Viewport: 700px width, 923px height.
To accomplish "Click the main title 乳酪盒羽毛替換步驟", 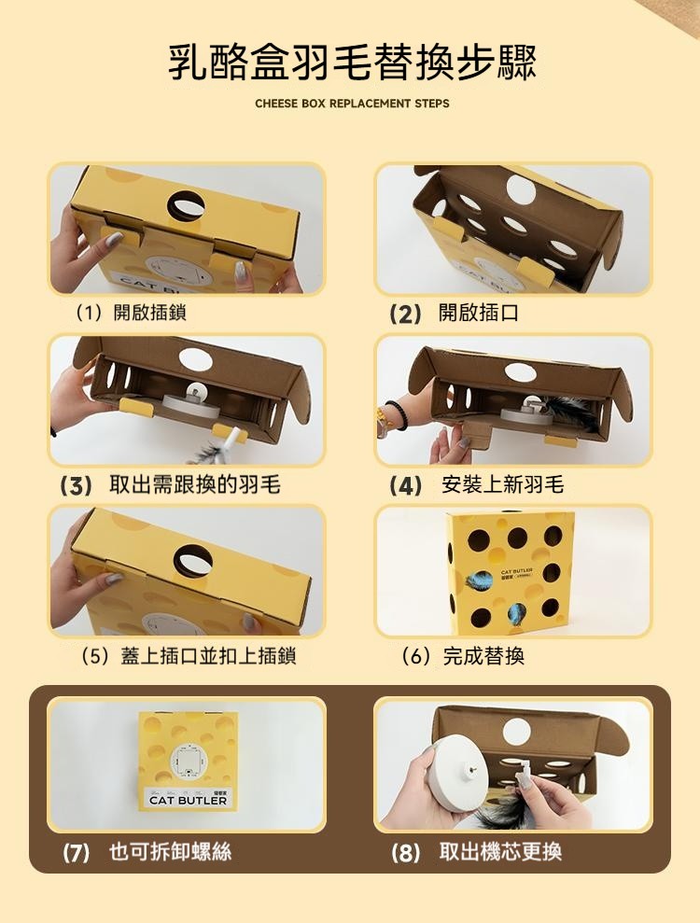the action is point(352,62).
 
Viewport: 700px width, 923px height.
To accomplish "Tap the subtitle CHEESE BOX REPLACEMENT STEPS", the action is point(352,104).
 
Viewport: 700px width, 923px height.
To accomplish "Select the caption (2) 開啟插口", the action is point(454,313).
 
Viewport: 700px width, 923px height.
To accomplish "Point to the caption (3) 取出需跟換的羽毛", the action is point(171,485).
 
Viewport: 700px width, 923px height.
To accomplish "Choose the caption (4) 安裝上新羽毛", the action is point(477,485).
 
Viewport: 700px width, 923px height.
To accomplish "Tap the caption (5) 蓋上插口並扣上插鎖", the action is point(189,656).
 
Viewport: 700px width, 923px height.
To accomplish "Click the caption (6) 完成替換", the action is point(463,656).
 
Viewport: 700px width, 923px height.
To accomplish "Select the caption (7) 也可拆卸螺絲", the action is point(147,852).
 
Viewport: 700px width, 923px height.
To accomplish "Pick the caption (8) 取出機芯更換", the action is point(477,852).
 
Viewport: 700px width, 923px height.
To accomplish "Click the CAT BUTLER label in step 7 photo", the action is point(188,800).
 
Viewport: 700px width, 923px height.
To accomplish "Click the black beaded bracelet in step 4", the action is point(395,413).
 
